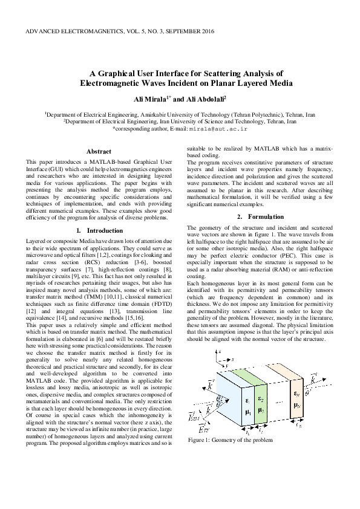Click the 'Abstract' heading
[x=98, y=151]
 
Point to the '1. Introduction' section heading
[x=98, y=231]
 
